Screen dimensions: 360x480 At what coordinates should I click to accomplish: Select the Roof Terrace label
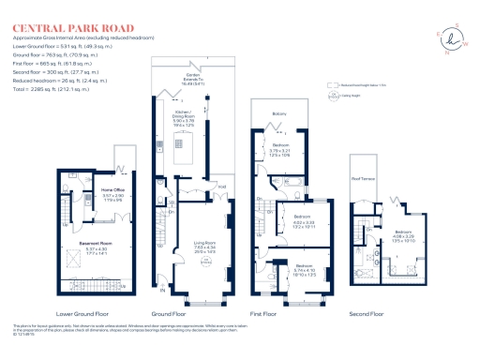[x=363, y=178]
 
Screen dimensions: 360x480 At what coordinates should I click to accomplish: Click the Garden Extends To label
[x=193, y=78]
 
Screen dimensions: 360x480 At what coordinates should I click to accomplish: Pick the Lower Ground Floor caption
[x=82, y=313]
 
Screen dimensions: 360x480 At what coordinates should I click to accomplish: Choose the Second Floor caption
[x=367, y=313]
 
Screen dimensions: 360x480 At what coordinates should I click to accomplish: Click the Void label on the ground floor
[x=222, y=187]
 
